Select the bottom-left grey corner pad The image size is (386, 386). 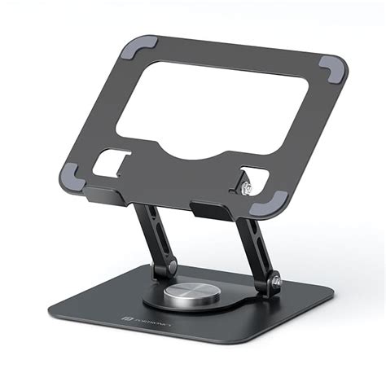coord(70,173)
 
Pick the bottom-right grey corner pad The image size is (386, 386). coord(276,200)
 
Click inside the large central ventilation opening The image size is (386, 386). coord(212,106)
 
